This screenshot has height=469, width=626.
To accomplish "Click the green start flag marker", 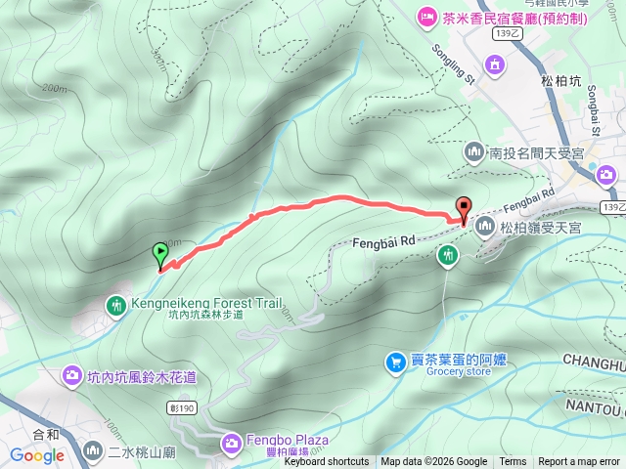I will click(160, 254).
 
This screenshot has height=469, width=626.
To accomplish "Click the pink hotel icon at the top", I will click(426, 17).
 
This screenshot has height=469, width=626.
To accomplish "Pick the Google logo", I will click(37, 455).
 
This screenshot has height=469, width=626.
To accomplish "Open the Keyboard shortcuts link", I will click(327, 462).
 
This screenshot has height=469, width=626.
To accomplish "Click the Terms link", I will click(513, 462).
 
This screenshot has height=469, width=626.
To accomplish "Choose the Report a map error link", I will click(579, 462).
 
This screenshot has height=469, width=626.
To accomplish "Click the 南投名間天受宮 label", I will click(537, 153).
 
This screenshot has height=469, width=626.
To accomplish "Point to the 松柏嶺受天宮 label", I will click(541, 228).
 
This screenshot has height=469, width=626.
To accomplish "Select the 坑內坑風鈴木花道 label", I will click(142, 376).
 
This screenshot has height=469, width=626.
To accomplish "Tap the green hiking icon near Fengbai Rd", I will click(448, 255).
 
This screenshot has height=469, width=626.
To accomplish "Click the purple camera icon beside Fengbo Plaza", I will click(231, 443).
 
